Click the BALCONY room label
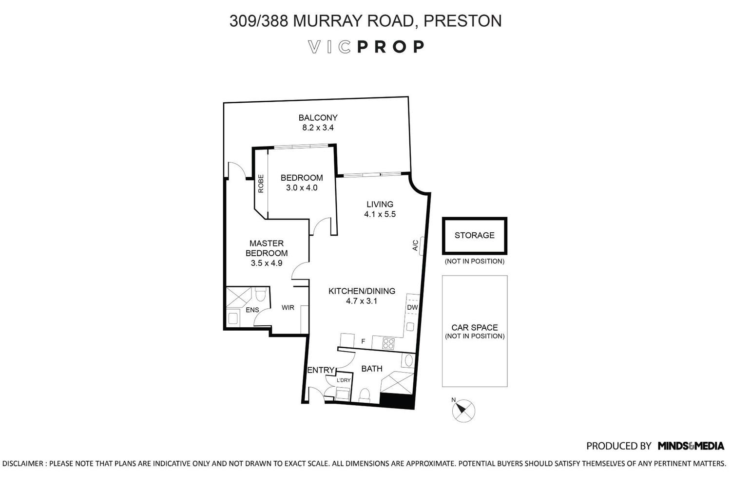pos(318,117)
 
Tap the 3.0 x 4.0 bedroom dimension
pos(302,188)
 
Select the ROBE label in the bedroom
pos(261,184)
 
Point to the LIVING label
pos(380,204)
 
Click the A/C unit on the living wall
pos(422,245)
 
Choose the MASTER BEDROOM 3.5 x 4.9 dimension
pos(266,263)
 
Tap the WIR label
pos(288,308)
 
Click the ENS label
pos(252,310)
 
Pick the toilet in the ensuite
pos(260,295)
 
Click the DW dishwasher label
pos(412,307)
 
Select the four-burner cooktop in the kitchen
pos(388,343)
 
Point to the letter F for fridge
pos(363,341)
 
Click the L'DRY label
pos(344,380)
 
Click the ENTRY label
pos(321,370)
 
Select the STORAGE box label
pos(475,235)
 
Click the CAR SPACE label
pos(475,327)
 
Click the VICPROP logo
pos(366,47)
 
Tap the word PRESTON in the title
pos(462,21)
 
